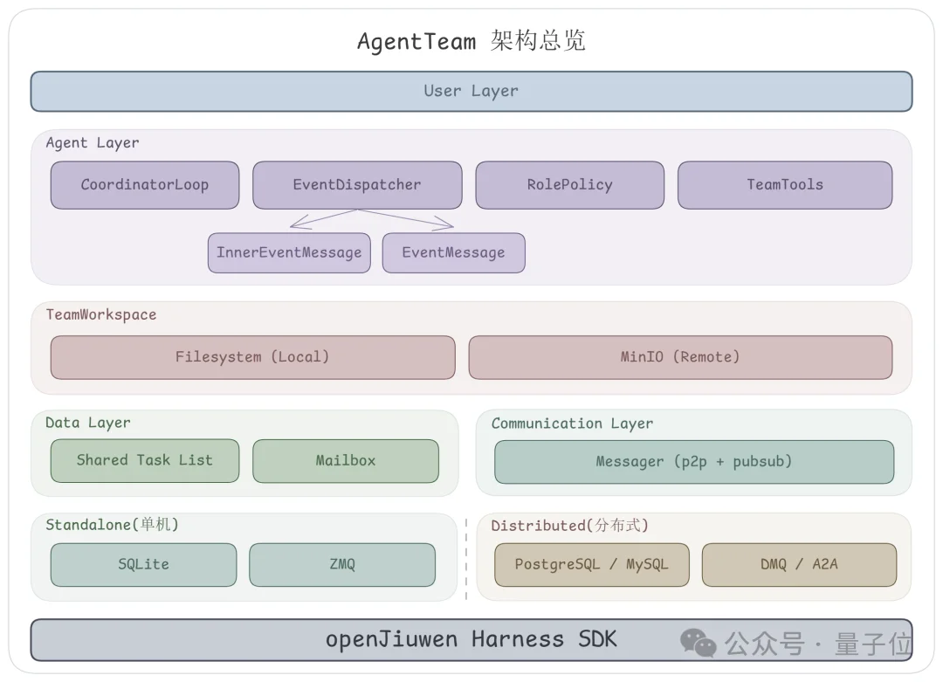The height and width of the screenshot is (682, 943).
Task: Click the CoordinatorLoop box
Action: [144, 185]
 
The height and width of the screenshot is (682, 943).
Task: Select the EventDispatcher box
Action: [357, 185]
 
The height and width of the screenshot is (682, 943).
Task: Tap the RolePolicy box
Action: [569, 185]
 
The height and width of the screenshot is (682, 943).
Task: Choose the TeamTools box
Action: [784, 185]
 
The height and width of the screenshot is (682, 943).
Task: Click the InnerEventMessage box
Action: [289, 253]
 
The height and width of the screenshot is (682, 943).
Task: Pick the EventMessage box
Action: [453, 253]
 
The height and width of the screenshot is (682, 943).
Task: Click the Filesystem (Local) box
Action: [252, 357]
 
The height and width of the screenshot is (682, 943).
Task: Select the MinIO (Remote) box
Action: [680, 357]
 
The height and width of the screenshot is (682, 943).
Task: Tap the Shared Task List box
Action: [144, 460]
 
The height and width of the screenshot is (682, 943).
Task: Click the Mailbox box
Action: [346, 461]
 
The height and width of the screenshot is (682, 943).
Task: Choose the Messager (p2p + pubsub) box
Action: [693, 462]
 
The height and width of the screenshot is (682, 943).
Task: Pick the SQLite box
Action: [143, 565]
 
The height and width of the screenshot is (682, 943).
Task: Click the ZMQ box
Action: [342, 565]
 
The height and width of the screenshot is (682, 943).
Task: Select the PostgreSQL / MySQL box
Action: [591, 565]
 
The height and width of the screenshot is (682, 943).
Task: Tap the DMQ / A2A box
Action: [799, 565]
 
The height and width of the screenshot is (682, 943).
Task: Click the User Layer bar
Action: [471, 92]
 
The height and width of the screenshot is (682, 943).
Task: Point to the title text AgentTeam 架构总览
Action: [471, 41]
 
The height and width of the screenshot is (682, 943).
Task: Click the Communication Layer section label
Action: [572, 424]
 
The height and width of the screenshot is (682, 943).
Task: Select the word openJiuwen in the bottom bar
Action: [391, 640]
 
